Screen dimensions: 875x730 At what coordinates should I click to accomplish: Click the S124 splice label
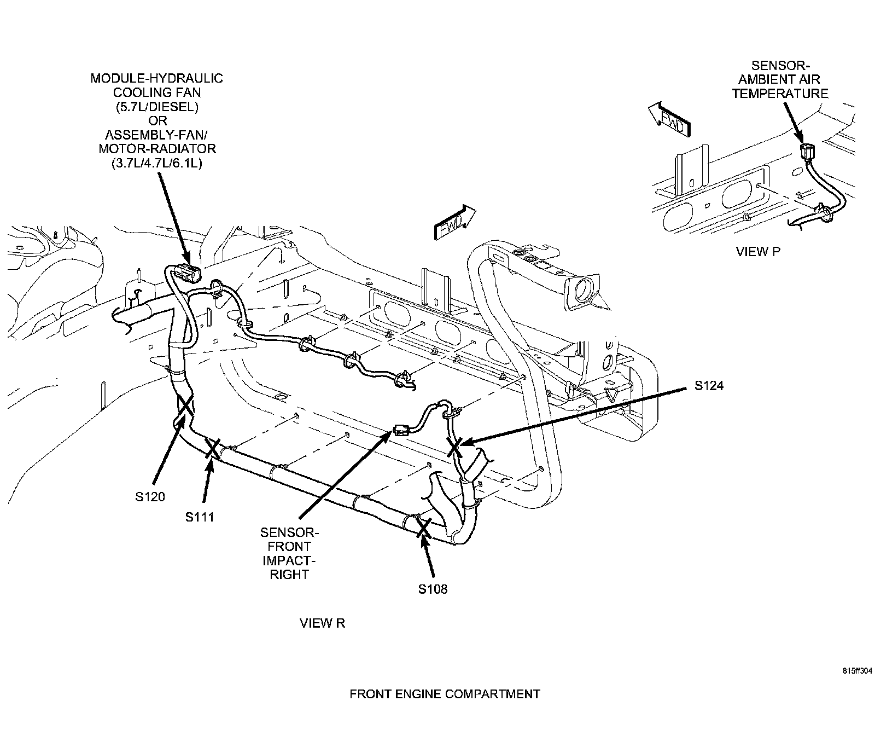709,386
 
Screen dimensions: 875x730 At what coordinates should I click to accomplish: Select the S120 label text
150,497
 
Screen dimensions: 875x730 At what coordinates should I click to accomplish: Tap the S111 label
200,517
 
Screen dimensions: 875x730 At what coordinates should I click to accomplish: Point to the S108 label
433,589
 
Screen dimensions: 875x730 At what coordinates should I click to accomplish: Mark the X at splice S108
423,528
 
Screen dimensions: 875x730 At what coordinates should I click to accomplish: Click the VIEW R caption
323,623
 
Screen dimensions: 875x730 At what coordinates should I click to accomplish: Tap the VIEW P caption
758,252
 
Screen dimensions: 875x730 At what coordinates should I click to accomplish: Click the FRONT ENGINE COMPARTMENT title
445,694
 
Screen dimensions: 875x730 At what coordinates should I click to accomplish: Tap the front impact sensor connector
401,431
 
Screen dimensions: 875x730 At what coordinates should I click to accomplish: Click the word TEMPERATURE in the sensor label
780,94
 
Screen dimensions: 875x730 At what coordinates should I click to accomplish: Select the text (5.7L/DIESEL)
157,107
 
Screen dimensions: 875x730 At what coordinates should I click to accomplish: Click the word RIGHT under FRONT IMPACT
289,574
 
